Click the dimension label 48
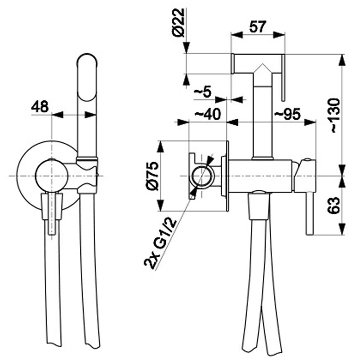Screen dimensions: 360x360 point(40,106)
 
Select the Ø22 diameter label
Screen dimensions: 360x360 point(178,22)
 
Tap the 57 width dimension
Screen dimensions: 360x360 point(258,27)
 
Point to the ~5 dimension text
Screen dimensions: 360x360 point(203,92)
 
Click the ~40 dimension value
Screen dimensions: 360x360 point(208,114)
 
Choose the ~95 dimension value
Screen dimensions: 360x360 point(287,114)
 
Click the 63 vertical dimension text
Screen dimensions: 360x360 point(334,206)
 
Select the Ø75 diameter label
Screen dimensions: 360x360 point(152,176)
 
